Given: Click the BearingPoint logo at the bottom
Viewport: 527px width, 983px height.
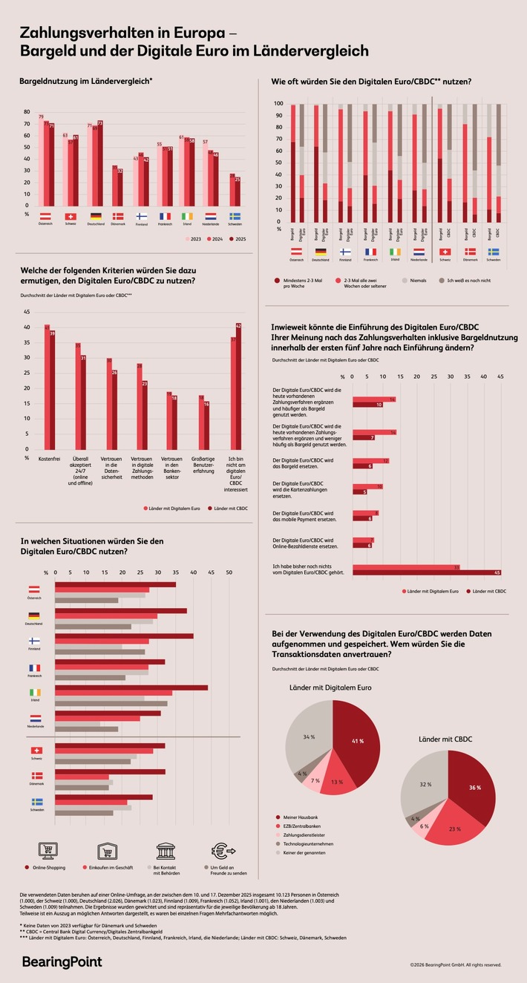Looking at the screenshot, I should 62,961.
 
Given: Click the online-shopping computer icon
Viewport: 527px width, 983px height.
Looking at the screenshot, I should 48,850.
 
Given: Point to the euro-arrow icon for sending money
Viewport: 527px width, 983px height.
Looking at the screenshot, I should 223,850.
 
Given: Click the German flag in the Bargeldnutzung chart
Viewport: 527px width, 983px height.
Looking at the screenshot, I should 96,215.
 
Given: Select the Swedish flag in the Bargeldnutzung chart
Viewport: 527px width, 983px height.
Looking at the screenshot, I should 235,215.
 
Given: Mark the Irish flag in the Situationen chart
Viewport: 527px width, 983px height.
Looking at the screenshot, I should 35,692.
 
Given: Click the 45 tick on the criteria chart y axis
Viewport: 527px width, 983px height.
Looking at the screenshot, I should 27,312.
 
